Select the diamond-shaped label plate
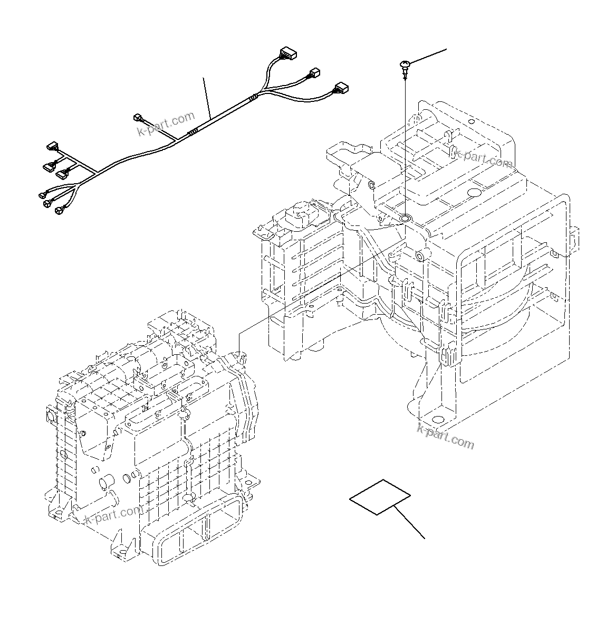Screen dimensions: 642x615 [380, 497]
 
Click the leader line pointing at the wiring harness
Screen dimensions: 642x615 [207, 98]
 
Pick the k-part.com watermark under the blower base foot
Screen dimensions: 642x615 [446, 437]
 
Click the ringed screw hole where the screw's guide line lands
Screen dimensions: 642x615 [405, 218]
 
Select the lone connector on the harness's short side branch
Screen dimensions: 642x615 [139, 117]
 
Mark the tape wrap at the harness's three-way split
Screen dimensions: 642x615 [255, 97]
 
